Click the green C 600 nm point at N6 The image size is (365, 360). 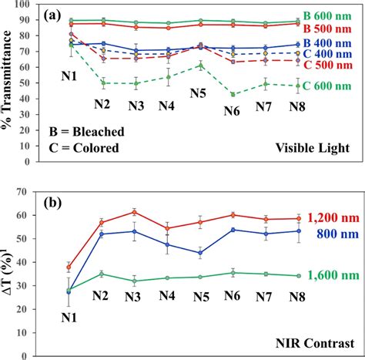click(232, 94)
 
